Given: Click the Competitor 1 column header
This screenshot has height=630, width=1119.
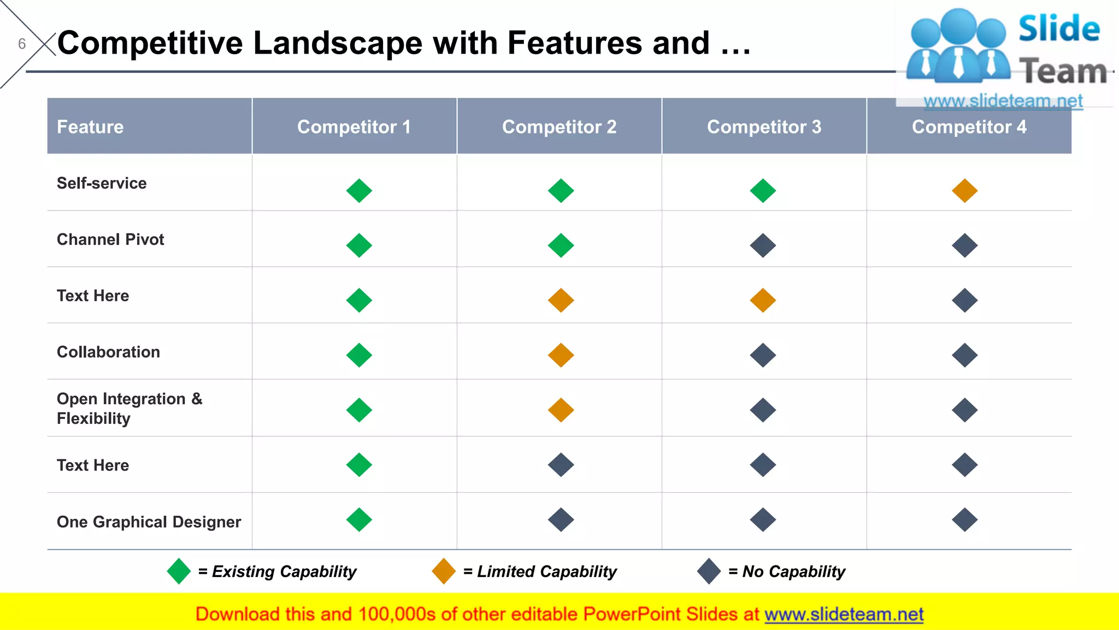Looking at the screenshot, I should [x=354, y=127].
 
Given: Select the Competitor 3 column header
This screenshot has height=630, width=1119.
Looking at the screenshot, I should [x=764, y=127].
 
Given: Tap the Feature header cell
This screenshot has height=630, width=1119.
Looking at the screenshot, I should [x=90, y=127].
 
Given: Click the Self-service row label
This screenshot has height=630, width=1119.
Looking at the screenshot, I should [x=102, y=183].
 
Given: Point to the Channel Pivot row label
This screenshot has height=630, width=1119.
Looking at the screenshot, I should [x=110, y=240].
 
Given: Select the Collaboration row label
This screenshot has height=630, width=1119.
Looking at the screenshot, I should [x=108, y=352].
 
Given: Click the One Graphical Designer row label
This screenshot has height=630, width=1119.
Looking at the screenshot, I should [x=149, y=522].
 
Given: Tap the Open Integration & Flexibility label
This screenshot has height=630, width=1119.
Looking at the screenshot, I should [x=129, y=409].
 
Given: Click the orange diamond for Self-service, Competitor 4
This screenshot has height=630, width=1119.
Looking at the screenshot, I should [x=964, y=191].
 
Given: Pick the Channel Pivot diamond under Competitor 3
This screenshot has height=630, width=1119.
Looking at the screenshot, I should [x=763, y=246].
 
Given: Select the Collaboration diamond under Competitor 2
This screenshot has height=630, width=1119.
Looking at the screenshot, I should [x=561, y=355].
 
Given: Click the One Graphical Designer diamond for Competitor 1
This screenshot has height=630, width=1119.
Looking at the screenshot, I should [x=359, y=520].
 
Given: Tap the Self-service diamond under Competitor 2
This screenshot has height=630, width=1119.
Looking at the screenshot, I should [x=561, y=191].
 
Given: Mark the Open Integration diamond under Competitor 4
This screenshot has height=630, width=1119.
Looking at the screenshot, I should [x=964, y=410].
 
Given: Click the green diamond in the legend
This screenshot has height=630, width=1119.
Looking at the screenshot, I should [x=179, y=571].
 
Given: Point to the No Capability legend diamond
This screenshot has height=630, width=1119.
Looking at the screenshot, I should [x=709, y=571].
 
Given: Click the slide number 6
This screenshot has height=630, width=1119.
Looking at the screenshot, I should [x=22, y=44].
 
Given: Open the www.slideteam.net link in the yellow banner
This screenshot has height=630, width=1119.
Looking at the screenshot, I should [x=844, y=614].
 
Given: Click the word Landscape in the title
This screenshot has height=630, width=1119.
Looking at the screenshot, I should [x=338, y=43].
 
